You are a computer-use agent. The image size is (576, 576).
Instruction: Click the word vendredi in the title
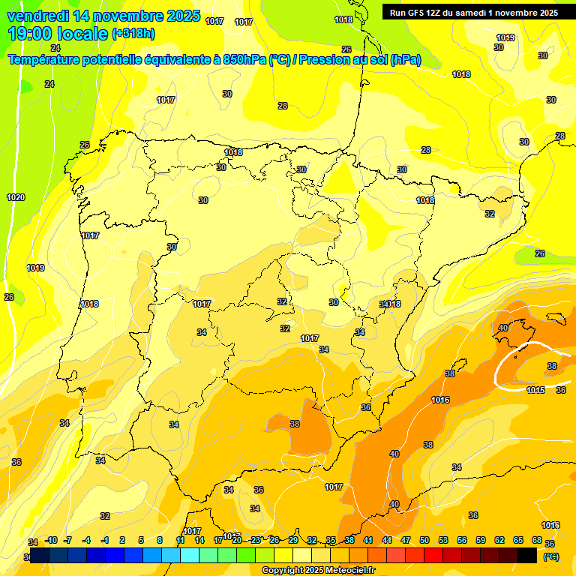click(x=38, y=16)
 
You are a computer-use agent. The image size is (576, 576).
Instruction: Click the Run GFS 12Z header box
click(x=474, y=12)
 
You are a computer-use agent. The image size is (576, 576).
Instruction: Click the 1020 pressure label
click(x=16, y=197)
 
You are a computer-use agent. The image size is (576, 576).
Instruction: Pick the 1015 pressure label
click(x=535, y=390)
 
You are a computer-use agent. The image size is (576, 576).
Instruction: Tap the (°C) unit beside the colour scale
click(x=551, y=556)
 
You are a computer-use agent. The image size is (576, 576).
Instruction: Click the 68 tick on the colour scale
click(x=537, y=540)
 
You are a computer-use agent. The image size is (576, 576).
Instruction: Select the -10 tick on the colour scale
click(x=51, y=540)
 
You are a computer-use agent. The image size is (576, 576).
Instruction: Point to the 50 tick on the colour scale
click(x=424, y=540)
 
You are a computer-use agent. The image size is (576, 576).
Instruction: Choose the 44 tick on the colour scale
click(x=387, y=540)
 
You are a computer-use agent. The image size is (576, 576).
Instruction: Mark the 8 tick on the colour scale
click(x=160, y=540)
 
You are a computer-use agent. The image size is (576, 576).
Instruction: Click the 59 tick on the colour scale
click(x=481, y=540)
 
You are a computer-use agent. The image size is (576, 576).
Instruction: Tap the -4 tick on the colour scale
click(x=86, y=540)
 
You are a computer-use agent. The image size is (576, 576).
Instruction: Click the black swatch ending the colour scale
click(x=527, y=555)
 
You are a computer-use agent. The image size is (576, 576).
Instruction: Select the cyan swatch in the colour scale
click(x=190, y=555)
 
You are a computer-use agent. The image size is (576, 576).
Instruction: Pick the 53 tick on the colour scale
click(x=443, y=540)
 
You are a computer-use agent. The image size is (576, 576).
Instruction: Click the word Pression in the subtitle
click(x=325, y=60)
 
